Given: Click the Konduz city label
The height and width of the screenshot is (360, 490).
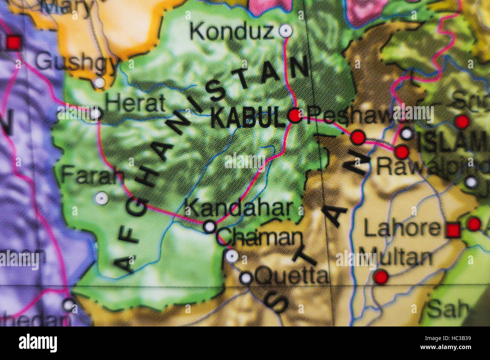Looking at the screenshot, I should point(231,32).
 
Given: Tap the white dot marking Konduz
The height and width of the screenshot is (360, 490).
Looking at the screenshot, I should point(285,31).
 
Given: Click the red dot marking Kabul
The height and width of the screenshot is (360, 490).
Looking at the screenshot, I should point(295,115).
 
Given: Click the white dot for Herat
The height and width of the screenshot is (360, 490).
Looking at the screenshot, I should point(96,113).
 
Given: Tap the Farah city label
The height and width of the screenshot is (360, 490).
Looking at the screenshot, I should point(93,175).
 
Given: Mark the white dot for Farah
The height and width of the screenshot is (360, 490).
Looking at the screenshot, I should point(101,198).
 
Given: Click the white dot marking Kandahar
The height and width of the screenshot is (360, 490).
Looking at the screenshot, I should point(210,226).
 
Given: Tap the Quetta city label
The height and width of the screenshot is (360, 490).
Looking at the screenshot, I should point(291,276).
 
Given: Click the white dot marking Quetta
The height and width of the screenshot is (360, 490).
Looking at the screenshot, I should point(246,278).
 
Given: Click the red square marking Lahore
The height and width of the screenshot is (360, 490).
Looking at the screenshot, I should point(453,230).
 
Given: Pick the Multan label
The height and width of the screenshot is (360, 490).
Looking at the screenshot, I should point(395,258).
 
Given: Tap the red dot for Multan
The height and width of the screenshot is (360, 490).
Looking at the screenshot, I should point(381,277).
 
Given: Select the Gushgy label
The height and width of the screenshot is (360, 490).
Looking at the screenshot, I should point(75,62).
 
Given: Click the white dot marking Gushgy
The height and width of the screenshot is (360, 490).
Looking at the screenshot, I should point(99,82).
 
